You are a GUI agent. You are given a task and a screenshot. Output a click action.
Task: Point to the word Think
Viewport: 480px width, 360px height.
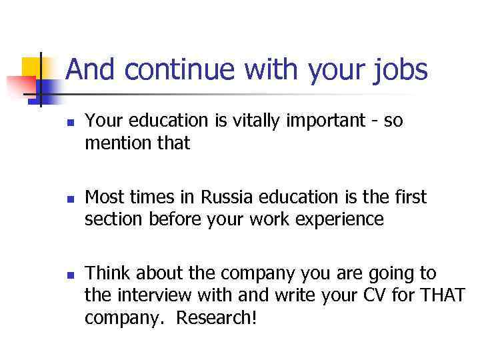[x=107, y=273]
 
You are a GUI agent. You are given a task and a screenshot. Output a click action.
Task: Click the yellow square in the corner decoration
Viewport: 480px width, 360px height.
[x=31, y=67]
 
